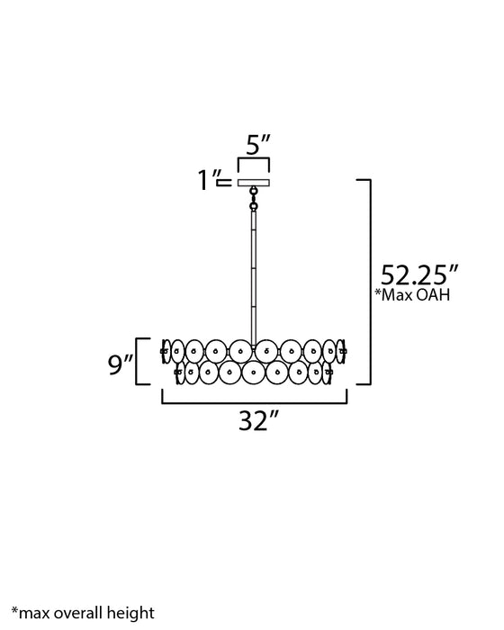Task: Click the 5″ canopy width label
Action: [x=258, y=145]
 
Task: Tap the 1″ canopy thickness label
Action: [x=209, y=180]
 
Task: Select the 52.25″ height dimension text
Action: [x=418, y=275]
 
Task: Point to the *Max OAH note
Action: [x=412, y=295]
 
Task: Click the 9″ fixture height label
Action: [x=121, y=364]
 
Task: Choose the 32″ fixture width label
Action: [x=258, y=421]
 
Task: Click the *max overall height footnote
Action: [x=83, y=613]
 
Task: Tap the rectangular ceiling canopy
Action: [x=254, y=183]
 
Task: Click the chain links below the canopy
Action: [x=254, y=199]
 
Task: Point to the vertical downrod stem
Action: [x=254, y=278]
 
